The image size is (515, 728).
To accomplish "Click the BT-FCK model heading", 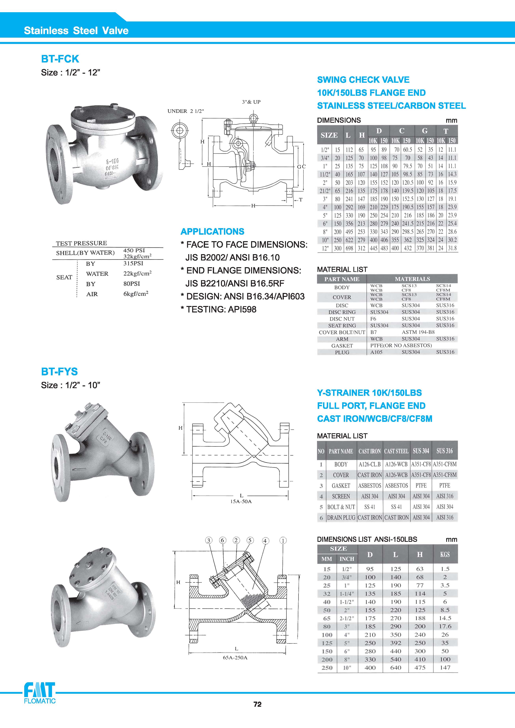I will pyautogui.click(x=60, y=59).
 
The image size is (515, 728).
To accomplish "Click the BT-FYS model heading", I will pyautogui.click(x=59, y=372).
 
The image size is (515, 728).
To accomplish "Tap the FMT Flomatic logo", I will pyautogui.click(x=40, y=694).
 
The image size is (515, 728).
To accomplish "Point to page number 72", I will pyautogui.click(x=257, y=713).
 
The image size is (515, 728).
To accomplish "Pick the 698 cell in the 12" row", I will pyautogui.click(x=349, y=248).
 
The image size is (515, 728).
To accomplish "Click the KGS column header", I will pyautogui.click(x=445, y=555).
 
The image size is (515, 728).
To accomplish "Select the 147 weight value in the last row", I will pyautogui.click(x=445, y=668).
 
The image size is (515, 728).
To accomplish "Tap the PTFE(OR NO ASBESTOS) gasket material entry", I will pyautogui.click(x=401, y=345).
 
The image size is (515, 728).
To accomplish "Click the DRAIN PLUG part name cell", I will pyautogui.click(x=341, y=517).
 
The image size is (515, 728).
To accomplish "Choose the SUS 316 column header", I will pyautogui.click(x=445, y=451).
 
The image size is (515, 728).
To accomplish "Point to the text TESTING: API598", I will pyautogui.click(x=218, y=310).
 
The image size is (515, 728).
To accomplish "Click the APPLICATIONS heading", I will pyautogui.click(x=212, y=232).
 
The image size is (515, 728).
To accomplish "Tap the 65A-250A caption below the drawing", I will pyautogui.click(x=235, y=658).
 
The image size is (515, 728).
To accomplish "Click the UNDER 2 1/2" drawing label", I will pyautogui.click(x=185, y=111).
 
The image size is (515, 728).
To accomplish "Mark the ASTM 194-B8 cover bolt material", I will pyautogui.click(x=418, y=332).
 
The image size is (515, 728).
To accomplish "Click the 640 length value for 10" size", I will pyautogui.click(x=395, y=668).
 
